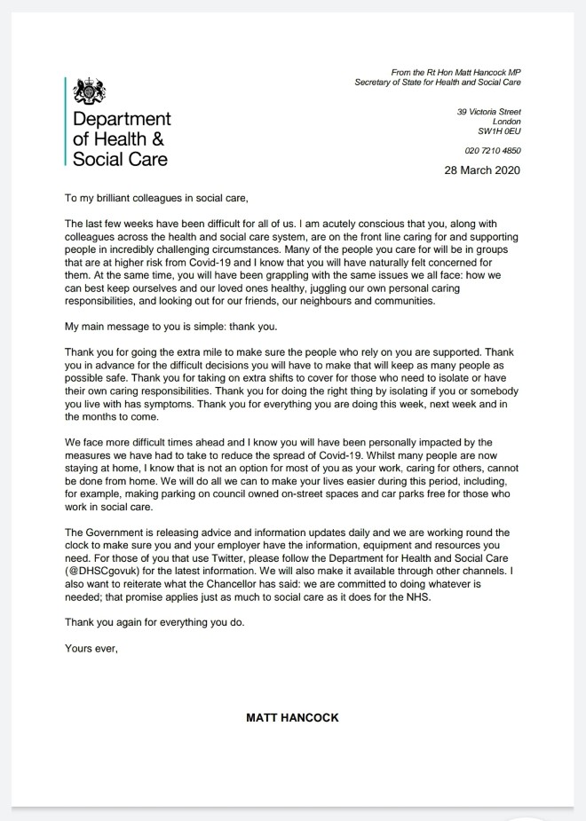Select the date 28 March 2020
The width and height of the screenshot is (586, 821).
point(482,171)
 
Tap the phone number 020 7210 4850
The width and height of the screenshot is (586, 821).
point(493,151)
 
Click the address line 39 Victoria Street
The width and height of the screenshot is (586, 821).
point(488,112)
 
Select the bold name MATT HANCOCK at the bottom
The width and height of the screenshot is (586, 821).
point(292,718)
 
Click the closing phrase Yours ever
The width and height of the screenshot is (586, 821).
point(91,648)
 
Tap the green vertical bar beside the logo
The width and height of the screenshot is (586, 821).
point(66,122)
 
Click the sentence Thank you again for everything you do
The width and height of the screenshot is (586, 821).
point(154,622)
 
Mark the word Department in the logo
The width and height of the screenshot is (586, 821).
point(122,120)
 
